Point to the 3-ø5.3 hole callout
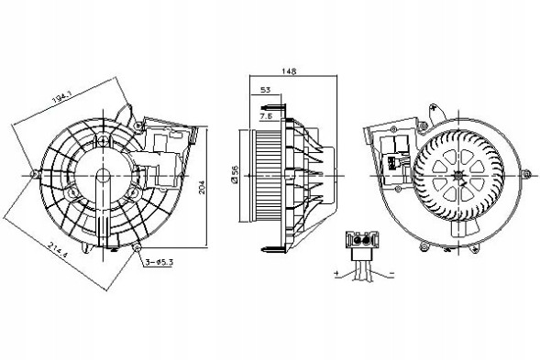pos(159,265)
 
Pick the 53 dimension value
pos(265,91)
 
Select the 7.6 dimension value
pos(264,118)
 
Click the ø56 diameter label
pos(236,174)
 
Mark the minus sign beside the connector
pos(391,273)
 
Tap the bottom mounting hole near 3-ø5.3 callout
pos(137,249)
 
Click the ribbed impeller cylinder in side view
pos(267,173)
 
